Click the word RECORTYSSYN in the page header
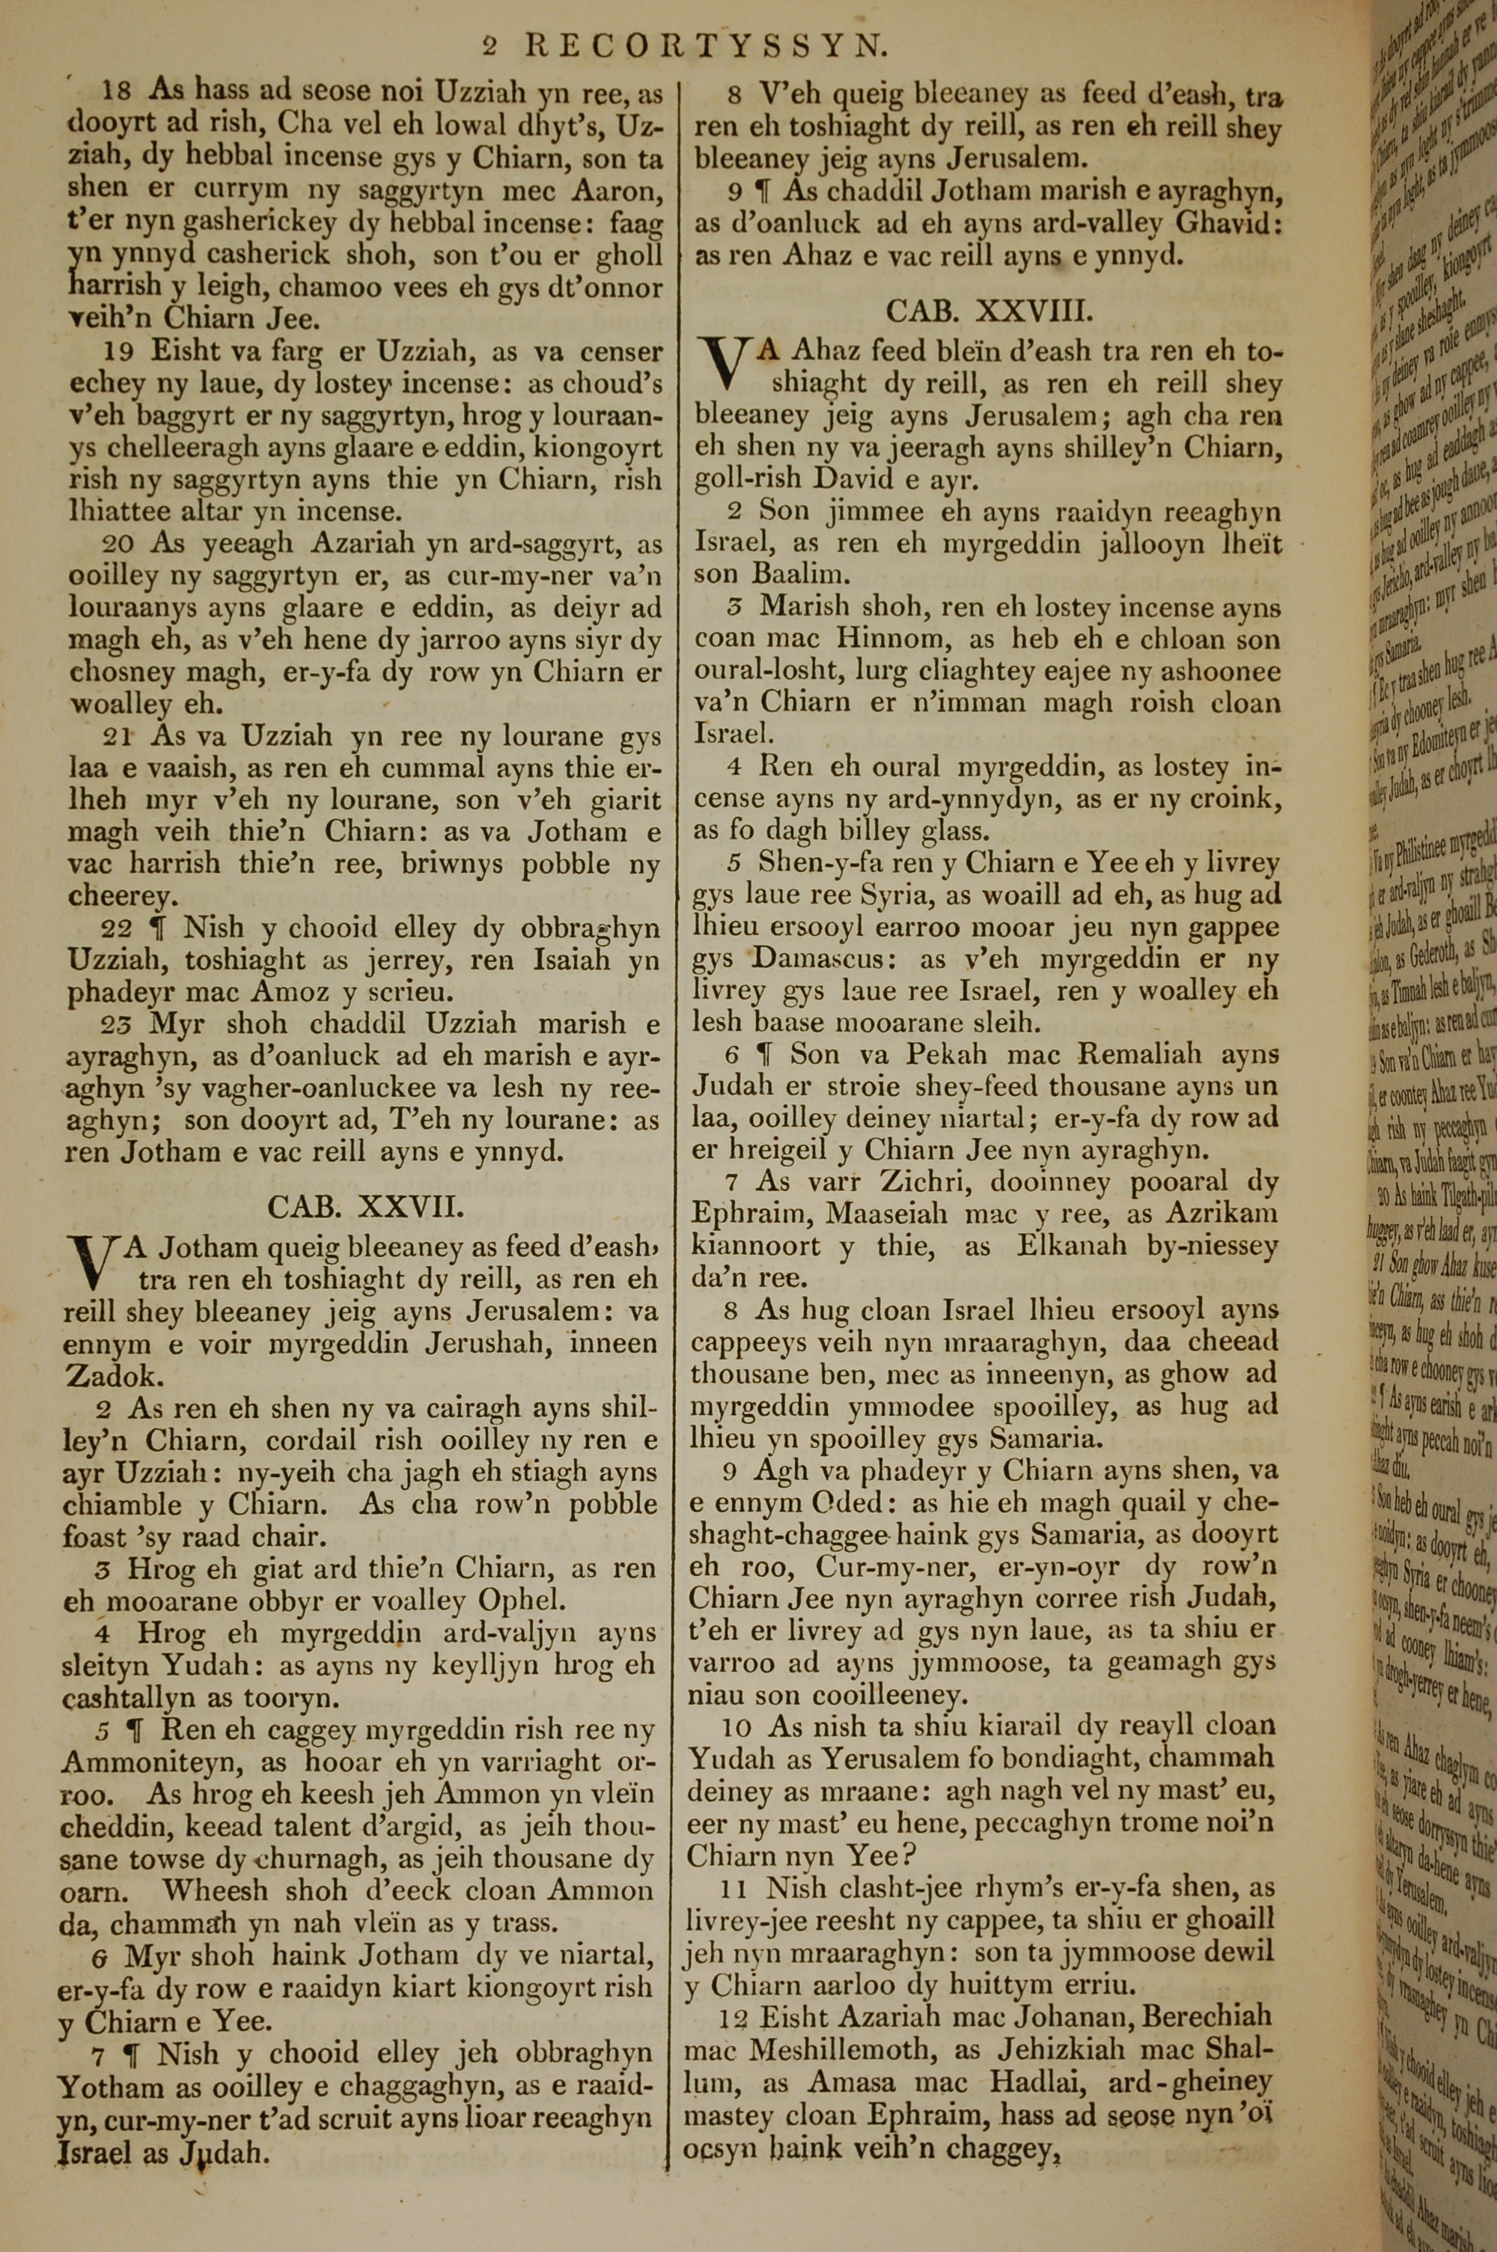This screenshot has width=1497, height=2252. pos(708,45)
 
